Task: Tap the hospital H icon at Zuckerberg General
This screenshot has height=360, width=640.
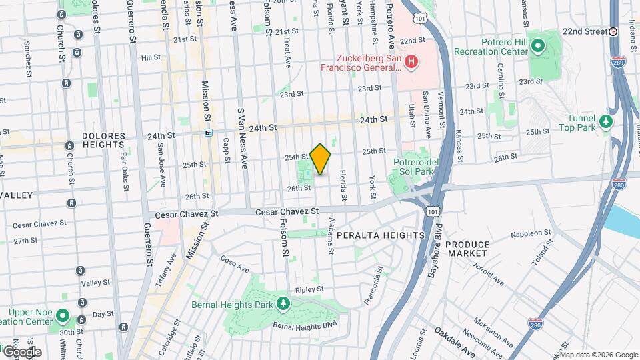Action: (x=412, y=63)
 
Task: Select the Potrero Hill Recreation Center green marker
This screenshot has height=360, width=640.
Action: (x=538, y=46)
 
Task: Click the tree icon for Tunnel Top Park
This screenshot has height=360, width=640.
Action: (x=605, y=121)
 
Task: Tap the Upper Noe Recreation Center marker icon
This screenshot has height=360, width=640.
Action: (x=63, y=316)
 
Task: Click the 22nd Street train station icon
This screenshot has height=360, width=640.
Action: (x=613, y=31)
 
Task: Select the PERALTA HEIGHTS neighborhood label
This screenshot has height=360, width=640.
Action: (x=381, y=235)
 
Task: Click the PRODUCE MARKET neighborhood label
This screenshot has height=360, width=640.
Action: (x=468, y=249)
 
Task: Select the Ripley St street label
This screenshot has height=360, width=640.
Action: (x=309, y=289)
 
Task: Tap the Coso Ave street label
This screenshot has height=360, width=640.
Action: (x=234, y=265)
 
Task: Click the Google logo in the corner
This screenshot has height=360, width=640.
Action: (x=22, y=351)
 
